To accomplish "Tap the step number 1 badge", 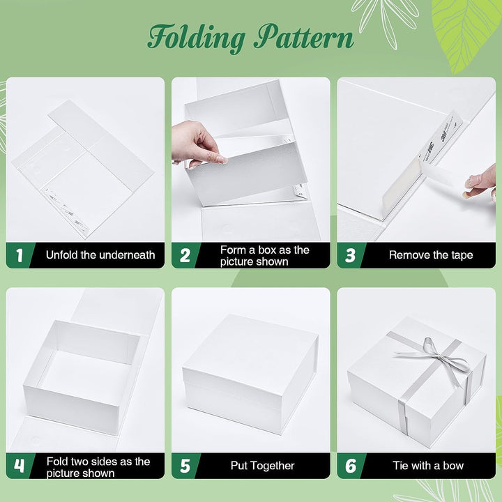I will click(19, 255).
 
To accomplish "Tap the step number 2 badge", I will click(185, 255).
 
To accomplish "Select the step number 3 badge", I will click(351, 255).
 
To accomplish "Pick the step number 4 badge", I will click(19, 466).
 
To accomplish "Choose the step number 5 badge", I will click(185, 466).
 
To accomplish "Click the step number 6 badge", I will click(351, 466).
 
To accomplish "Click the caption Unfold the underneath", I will click(100, 255).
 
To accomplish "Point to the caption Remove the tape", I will click(430, 255).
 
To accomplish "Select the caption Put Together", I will click(262, 466).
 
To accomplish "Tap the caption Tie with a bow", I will click(428, 466).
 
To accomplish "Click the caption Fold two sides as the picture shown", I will click(98, 466).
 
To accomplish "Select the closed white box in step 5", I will click(251, 373).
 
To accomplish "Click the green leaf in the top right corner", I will click(467, 21).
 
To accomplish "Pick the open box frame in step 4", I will click(80, 376).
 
